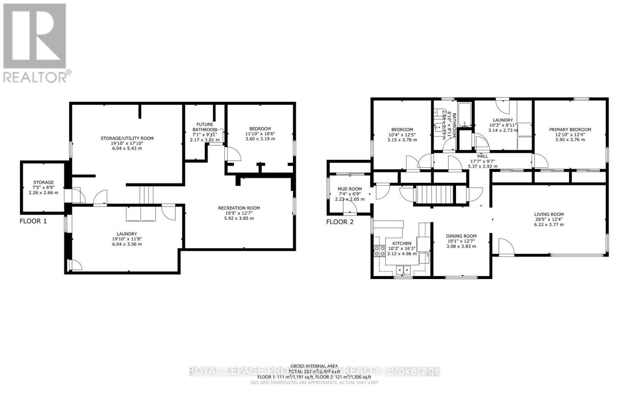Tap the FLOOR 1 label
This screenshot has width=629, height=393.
point(33,221)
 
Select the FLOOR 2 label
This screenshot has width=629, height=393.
point(340,222)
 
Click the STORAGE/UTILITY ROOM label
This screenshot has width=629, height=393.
point(127,138)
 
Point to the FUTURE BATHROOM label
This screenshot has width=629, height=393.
point(205,127)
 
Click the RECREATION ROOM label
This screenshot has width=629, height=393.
point(239,208)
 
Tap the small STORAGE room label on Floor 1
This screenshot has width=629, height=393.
point(43,183)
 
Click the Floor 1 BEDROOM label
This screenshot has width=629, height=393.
point(260,129)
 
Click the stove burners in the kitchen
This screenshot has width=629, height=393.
point(379,251)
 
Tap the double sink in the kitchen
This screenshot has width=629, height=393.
point(402,270)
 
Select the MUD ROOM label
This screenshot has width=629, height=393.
point(349,189)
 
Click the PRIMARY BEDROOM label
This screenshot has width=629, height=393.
point(570,130)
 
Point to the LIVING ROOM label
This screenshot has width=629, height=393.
point(549,215)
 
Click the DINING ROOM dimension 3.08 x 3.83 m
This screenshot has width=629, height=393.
point(461,246)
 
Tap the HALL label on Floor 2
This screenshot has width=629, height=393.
point(482,156)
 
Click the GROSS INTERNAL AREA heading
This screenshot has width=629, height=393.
point(314,366)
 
